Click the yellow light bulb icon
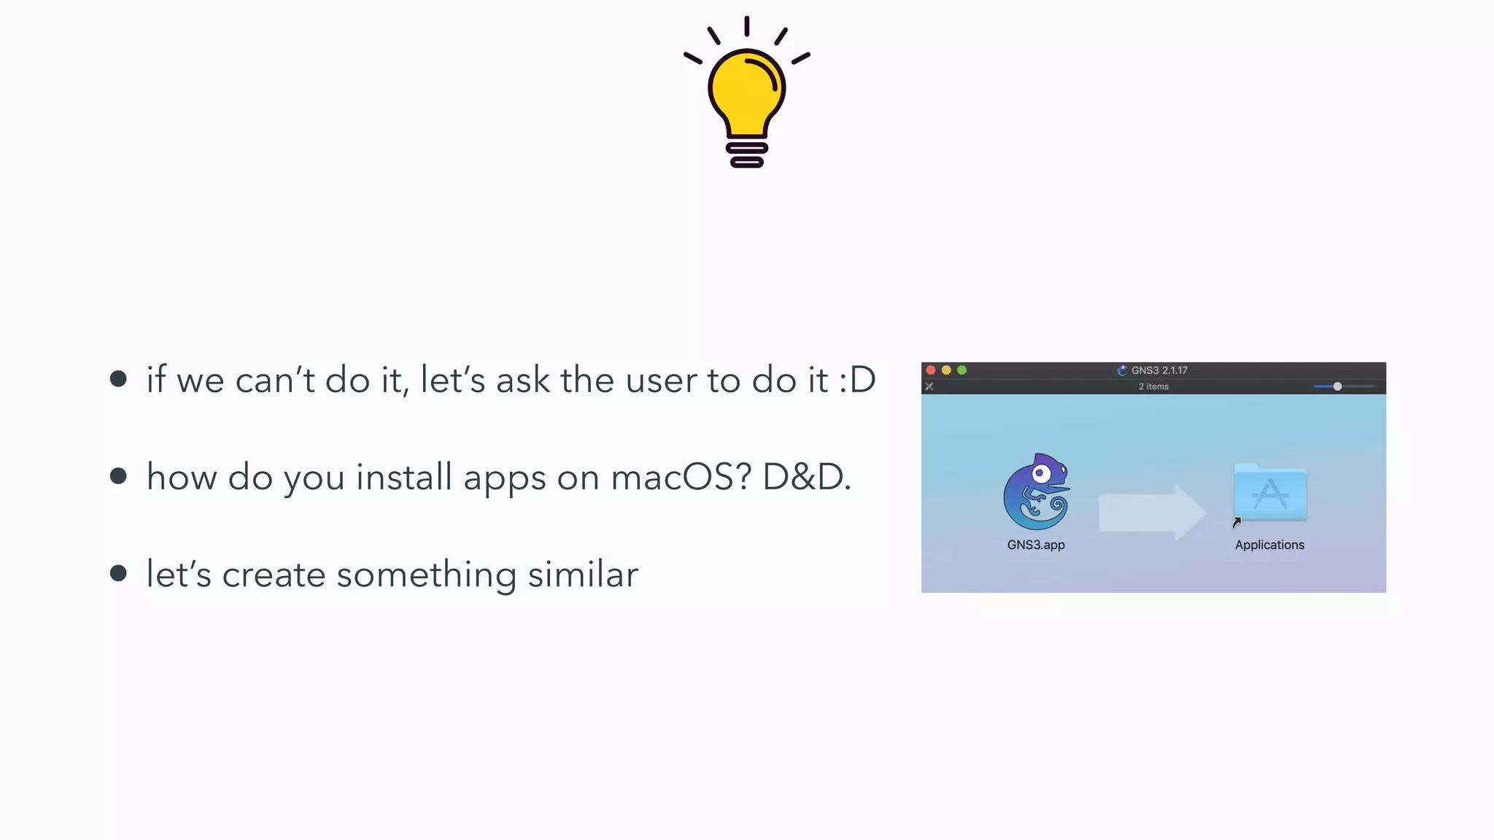(x=746, y=95)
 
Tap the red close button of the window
(x=931, y=370)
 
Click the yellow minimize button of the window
(x=946, y=370)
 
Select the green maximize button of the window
(x=961, y=370)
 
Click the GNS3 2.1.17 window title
(x=1158, y=370)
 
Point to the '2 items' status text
(x=1153, y=386)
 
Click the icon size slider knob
(x=1337, y=386)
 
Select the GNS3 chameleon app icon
(x=1037, y=491)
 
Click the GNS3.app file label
(x=1036, y=545)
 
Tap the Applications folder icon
(x=1270, y=492)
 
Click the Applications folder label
(x=1269, y=545)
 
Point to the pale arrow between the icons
(x=1151, y=512)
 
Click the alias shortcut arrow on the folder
(x=1236, y=522)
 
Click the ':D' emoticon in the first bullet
(x=857, y=380)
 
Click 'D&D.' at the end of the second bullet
(x=806, y=478)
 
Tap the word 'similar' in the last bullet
(x=583, y=575)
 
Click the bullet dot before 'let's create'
(x=118, y=573)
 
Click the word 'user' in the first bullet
(x=660, y=380)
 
